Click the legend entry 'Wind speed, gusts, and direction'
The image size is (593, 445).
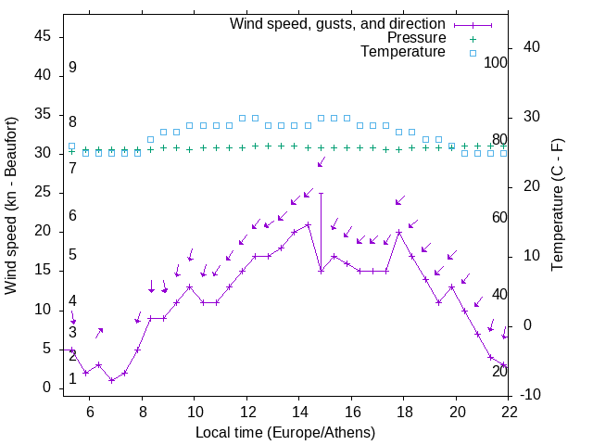(x=337, y=23)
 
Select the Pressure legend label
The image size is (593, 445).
(x=416, y=38)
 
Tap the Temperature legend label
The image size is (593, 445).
(x=403, y=52)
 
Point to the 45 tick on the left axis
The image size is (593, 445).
(x=43, y=36)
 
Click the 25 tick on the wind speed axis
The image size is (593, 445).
(x=43, y=192)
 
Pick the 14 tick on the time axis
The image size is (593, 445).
(x=299, y=413)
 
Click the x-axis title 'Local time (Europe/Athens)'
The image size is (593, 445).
(x=285, y=432)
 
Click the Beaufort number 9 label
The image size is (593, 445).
(x=72, y=68)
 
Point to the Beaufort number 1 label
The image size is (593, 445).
(x=72, y=379)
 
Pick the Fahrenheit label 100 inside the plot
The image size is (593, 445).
(x=497, y=63)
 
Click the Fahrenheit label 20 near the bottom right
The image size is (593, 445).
(x=499, y=371)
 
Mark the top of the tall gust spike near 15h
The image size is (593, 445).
(x=321, y=193)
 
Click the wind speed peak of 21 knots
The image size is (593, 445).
(x=308, y=224)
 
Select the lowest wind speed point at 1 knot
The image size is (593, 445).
(x=111, y=380)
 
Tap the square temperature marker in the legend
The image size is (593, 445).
(x=473, y=53)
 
